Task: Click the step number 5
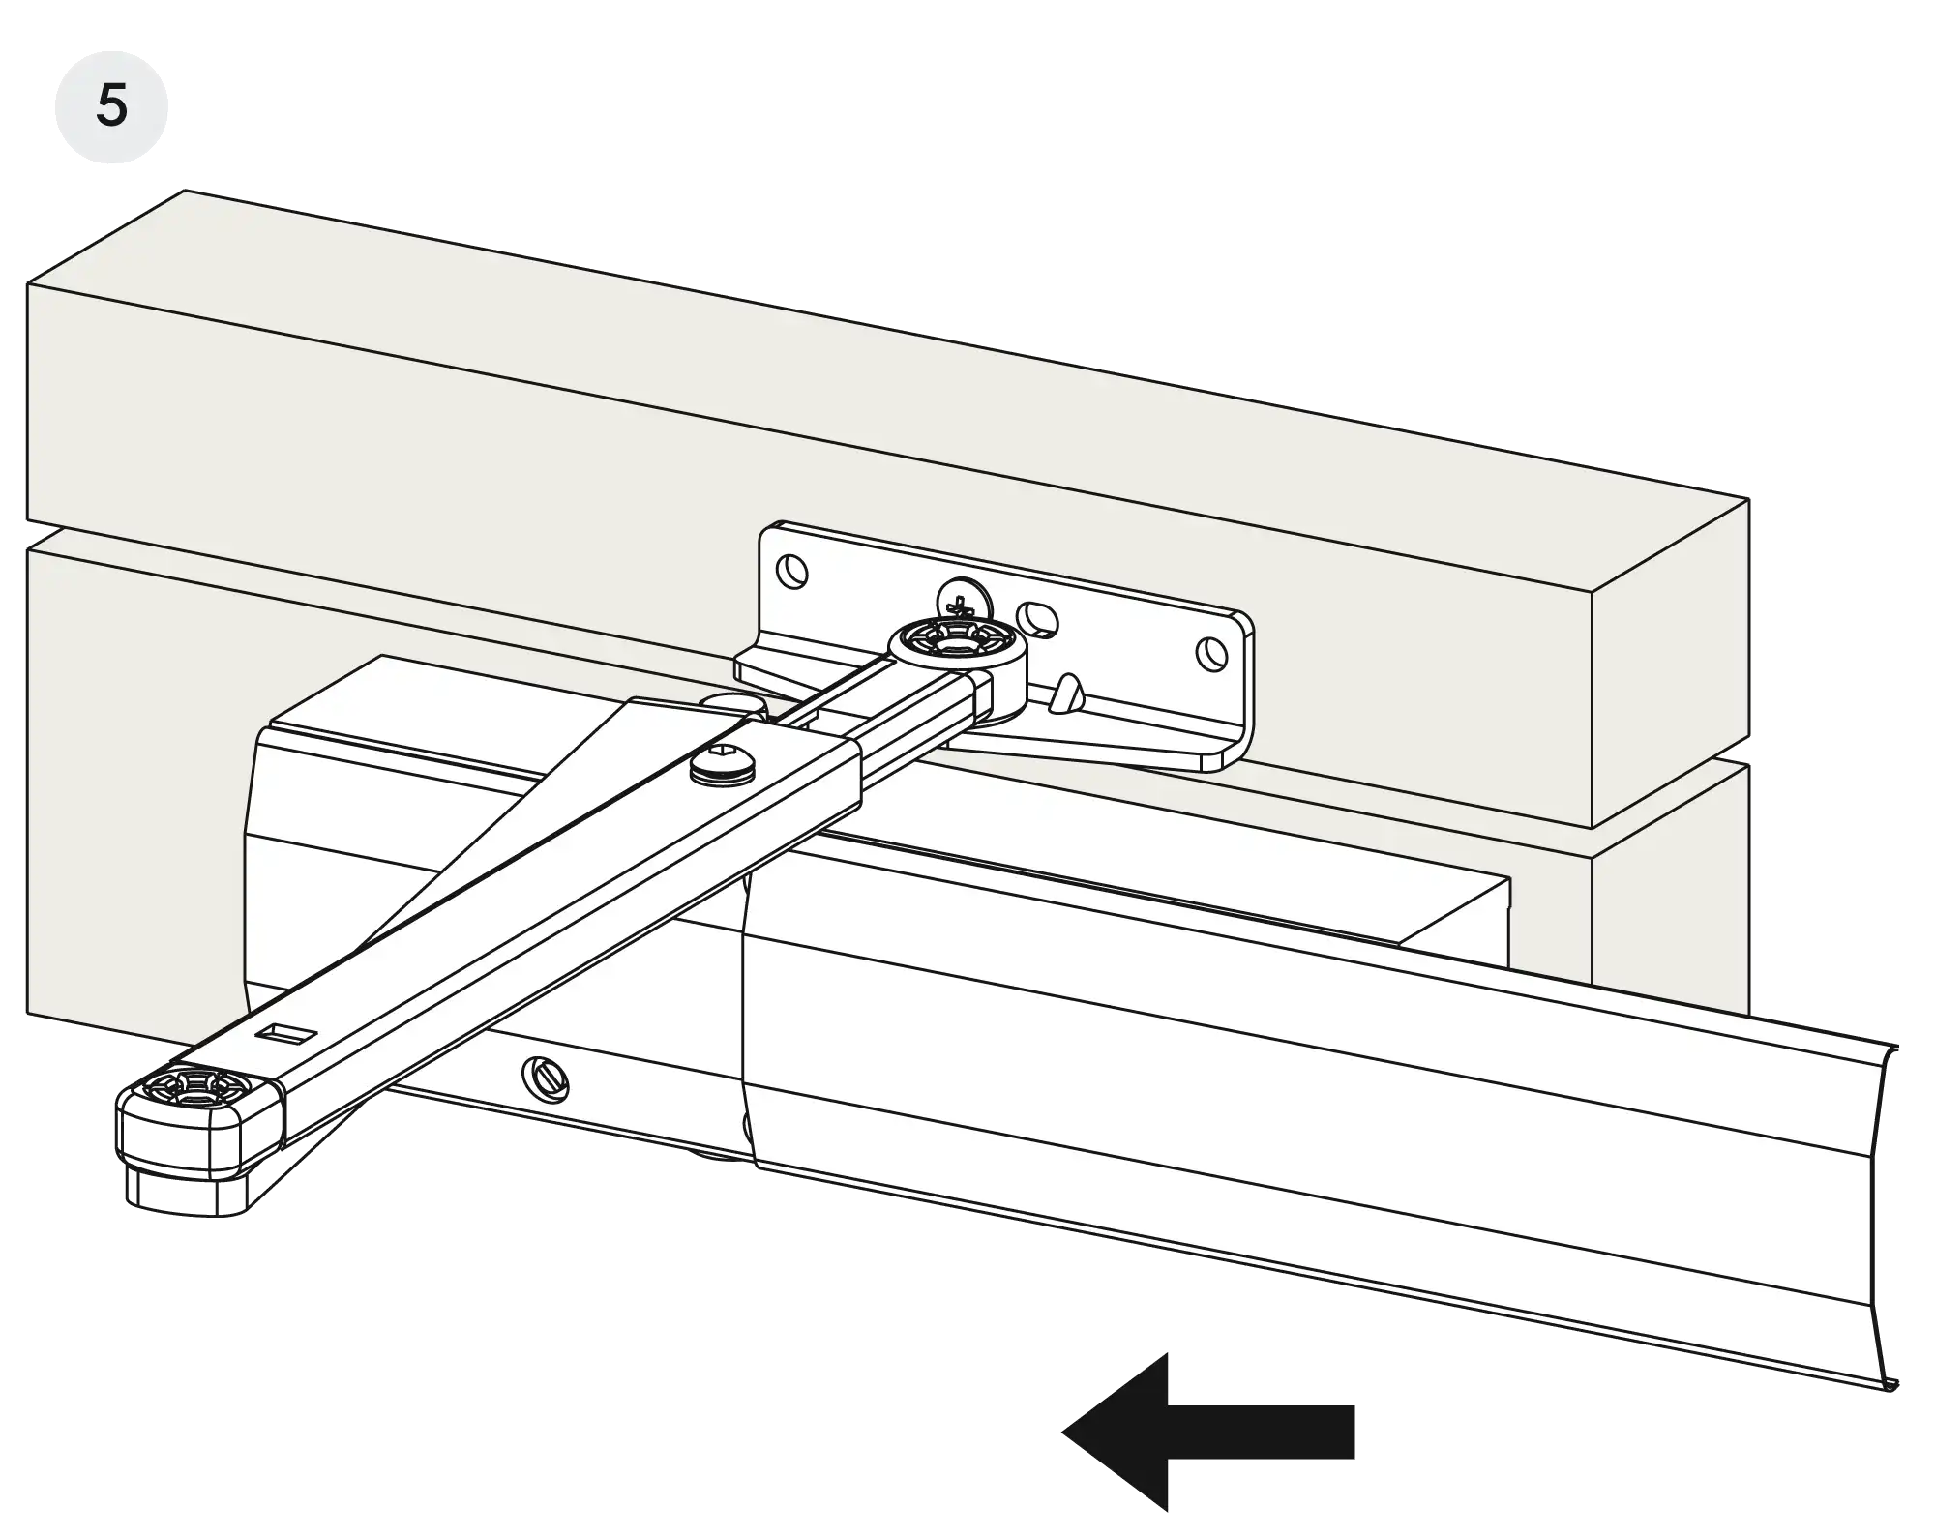tap(112, 105)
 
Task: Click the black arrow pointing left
tap(1208, 1432)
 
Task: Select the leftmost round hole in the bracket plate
tap(794, 571)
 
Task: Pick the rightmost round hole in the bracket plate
tap(1209, 654)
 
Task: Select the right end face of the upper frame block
tap(1671, 665)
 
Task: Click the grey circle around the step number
tap(112, 106)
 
